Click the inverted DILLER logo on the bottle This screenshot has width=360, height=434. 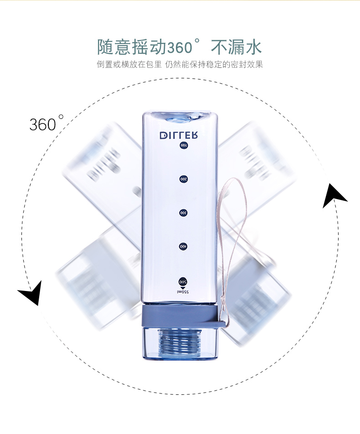tap(179, 135)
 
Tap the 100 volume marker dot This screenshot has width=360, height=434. tap(183, 145)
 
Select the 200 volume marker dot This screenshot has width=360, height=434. tap(183, 179)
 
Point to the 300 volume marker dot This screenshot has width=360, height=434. tap(183, 213)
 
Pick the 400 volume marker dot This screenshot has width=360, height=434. tap(183, 246)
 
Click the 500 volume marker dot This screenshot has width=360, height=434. tap(183, 281)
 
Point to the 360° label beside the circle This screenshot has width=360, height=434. tap(46, 123)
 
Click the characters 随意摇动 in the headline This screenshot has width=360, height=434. tap(131, 47)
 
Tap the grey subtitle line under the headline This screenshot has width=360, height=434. tap(180, 64)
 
